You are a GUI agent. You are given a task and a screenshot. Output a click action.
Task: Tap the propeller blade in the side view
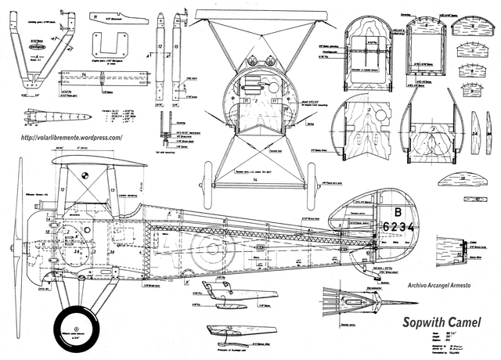point(13,235)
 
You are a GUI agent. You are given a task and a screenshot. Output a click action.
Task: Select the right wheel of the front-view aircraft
point(312,180)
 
